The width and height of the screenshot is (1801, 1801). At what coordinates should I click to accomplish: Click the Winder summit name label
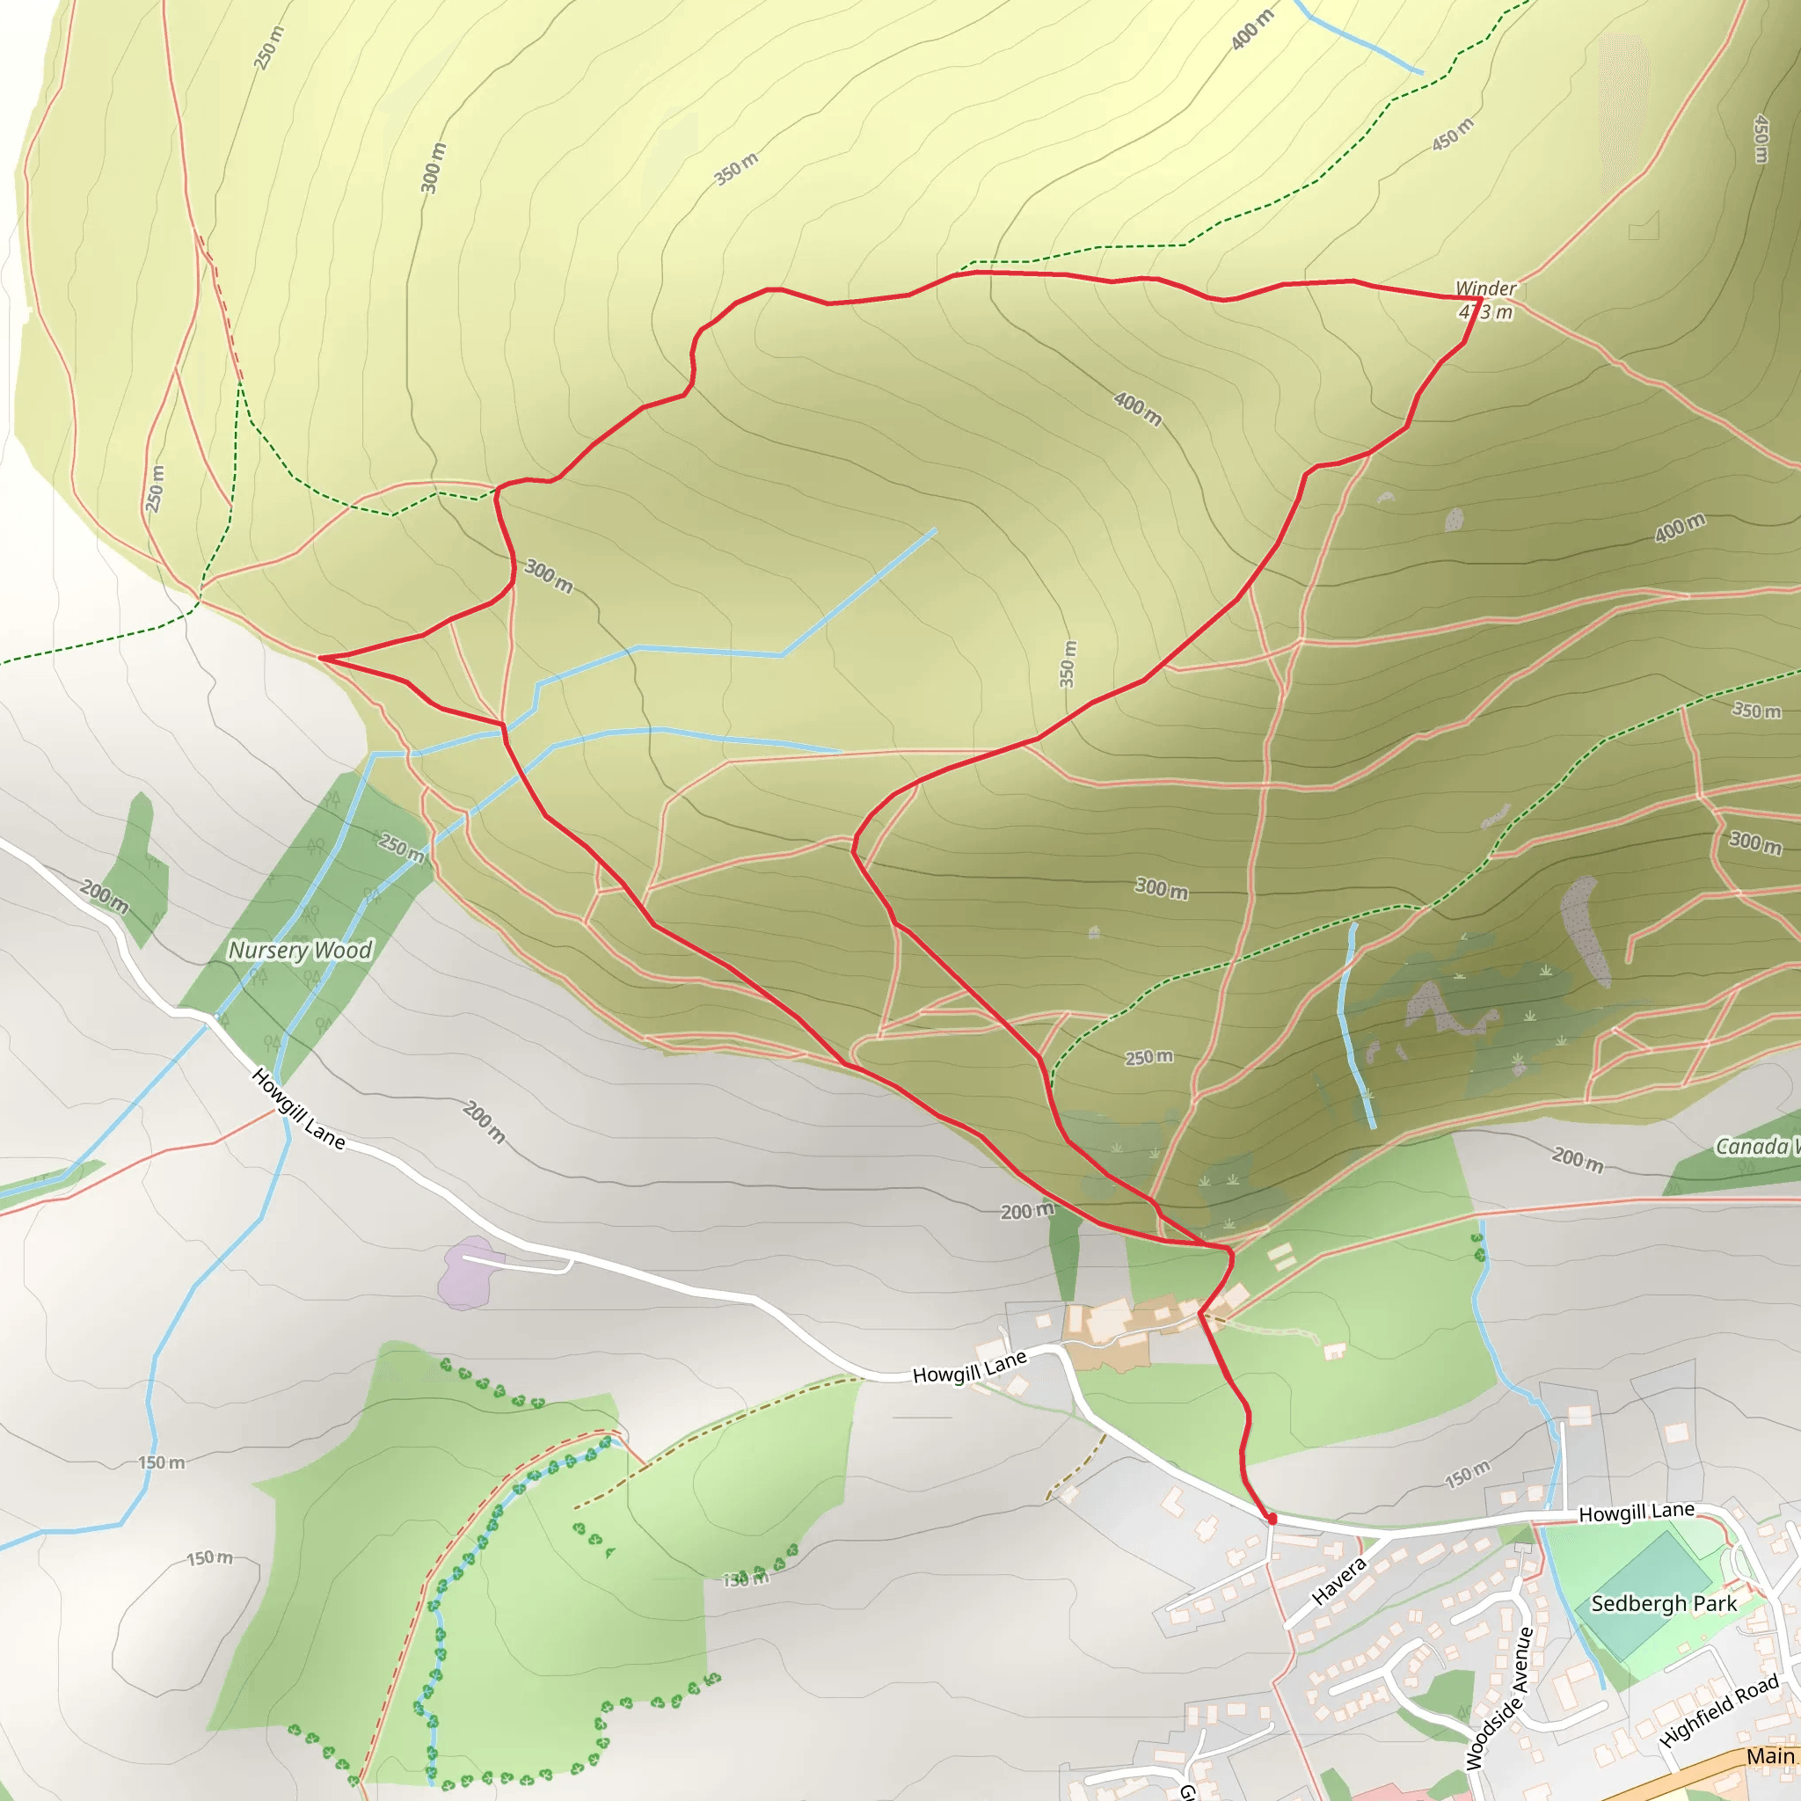(x=1486, y=288)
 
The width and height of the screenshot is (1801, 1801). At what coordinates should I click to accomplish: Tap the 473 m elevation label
(x=1486, y=311)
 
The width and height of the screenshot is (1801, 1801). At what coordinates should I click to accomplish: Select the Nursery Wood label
(x=300, y=950)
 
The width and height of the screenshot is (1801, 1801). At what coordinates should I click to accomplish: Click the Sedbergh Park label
(x=1663, y=1603)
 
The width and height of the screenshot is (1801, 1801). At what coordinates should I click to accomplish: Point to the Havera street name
(x=1338, y=1580)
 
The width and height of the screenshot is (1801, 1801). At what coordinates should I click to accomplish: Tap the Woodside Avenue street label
(x=1500, y=1697)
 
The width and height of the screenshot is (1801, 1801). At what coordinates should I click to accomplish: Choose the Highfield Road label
(x=1719, y=1710)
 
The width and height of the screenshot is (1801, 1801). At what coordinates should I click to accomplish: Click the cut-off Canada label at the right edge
(x=1757, y=1146)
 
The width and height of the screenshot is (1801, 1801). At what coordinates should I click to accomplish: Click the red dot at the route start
(x=1272, y=1519)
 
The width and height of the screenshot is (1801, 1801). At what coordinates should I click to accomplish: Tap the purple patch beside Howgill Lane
(x=467, y=1273)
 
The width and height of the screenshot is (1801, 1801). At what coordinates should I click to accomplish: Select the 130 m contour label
(x=747, y=1579)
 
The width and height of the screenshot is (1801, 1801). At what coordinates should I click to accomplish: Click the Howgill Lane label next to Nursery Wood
(x=298, y=1108)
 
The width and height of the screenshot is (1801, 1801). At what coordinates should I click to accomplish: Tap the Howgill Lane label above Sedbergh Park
(x=1636, y=1512)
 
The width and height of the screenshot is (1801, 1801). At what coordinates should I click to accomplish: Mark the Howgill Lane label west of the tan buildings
(x=969, y=1367)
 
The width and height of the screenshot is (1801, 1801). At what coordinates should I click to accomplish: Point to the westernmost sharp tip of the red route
(x=320, y=658)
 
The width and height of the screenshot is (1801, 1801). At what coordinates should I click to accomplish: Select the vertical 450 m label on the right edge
(x=1760, y=139)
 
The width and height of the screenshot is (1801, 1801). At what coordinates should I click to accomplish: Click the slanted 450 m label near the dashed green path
(x=1453, y=135)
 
